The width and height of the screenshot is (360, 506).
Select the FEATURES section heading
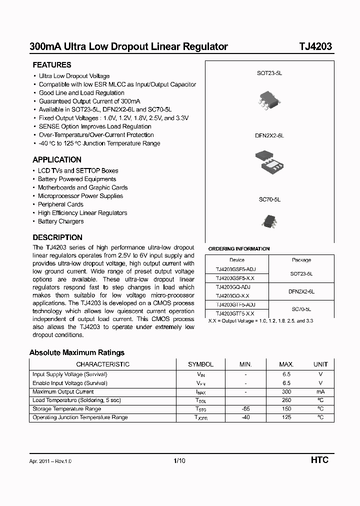[52, 65]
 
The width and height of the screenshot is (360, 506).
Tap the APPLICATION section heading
[57, 160]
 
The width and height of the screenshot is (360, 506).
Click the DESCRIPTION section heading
[57, 237]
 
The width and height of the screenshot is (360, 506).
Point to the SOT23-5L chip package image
[270, 98]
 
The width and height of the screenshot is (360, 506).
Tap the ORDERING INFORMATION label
[239, 248]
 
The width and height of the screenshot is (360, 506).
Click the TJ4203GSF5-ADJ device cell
[236, 269]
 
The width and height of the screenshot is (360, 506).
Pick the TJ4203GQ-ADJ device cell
[232, 287]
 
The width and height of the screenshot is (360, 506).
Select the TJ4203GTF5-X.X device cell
[235, 313]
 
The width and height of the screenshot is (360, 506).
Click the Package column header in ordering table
[301, 260]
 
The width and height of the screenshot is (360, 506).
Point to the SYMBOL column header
[200, 364]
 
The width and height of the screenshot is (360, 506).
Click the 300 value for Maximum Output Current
[286, 391]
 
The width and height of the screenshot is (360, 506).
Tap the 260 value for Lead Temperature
[286, 400]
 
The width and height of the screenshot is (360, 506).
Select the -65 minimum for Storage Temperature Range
[245, 408]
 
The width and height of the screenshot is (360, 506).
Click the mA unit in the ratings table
[320, 391]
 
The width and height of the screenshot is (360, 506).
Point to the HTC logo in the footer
[319, 460]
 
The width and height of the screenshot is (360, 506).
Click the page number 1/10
[179, 460]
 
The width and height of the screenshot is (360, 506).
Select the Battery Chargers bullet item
[60, 221]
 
